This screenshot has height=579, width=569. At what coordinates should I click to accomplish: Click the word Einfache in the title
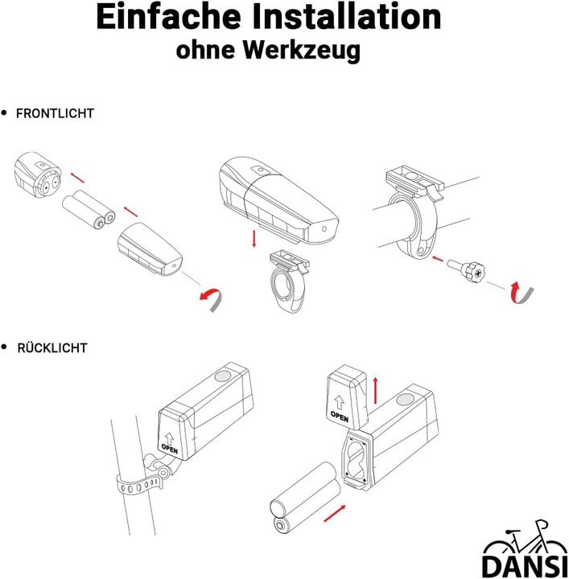click(168, 17)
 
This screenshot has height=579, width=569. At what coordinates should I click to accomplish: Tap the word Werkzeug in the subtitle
click(302, 50)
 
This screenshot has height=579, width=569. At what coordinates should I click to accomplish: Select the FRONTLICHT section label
click(55, 113)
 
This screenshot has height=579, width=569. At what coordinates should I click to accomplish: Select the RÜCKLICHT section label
click(52, 348)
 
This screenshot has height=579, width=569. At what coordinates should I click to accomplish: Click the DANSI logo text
click(525, 565)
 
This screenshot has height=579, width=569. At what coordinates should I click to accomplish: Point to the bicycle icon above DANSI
click(525, 538)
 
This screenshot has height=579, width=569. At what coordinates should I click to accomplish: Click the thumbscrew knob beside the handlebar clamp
click(474, 273)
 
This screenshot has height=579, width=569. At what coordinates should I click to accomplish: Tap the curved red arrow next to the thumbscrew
click(522, 292)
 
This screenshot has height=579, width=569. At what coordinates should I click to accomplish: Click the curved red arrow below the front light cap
click(212, 298)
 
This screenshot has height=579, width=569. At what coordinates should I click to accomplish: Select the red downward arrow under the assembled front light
click(254, 239)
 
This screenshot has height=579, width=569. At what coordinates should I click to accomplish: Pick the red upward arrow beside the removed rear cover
click(376, 390)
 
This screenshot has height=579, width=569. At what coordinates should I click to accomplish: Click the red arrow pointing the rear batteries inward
click(335, 513)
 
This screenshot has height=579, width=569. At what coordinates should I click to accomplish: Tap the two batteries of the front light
click(89, 208)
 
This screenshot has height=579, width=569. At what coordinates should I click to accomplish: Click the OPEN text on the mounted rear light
click(170, 449)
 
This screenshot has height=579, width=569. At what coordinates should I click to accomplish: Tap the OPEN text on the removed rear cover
click(340, 416)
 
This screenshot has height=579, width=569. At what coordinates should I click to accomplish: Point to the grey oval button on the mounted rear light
click(222, 376)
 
